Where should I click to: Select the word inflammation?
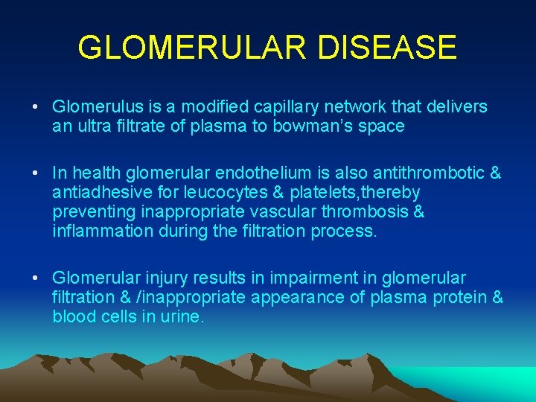(103, 232)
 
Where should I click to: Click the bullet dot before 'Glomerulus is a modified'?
(36, 107)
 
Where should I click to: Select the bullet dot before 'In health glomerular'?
(36, 173)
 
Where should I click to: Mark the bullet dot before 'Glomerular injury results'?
(36, 278)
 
